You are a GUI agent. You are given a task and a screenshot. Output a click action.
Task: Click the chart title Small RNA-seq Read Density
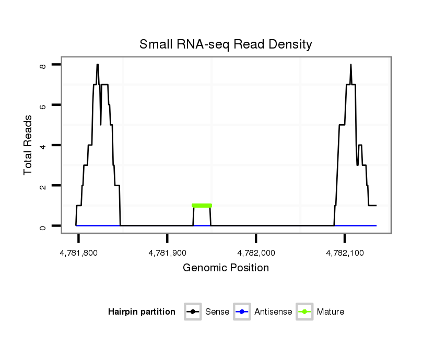pos(226,44)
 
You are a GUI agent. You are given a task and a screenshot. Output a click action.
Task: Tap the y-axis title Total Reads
pos(28,145)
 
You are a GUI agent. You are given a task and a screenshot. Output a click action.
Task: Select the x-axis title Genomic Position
pos(226,268)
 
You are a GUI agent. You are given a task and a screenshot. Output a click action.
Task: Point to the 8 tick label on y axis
pos(42,66)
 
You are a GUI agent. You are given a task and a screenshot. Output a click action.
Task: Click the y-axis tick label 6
pos(42,105)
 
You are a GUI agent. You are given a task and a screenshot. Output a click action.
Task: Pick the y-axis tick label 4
pos(42,146)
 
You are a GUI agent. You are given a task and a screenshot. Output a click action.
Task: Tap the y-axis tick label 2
pos(42,186)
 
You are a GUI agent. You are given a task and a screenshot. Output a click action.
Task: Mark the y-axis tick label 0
pos(42,226)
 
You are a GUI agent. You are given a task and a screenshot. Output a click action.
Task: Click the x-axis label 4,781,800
pos(79,253)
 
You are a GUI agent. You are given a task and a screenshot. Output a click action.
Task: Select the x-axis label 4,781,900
pos(168,253)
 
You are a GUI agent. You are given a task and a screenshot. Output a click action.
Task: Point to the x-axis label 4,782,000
pos(256,253)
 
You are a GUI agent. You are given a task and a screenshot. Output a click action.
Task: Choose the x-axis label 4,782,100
pos(345,253)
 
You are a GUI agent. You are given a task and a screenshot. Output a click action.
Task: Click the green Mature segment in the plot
pos(202,206)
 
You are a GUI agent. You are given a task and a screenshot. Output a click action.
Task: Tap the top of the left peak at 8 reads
pos(97,65)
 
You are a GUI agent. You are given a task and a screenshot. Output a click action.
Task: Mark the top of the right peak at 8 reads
pos(351,65)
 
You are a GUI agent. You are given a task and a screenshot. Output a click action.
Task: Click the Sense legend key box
pos(193,312)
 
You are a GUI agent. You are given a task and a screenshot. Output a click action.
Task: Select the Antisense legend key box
pos(242,312)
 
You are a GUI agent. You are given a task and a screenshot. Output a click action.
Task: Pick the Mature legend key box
pos(304,312)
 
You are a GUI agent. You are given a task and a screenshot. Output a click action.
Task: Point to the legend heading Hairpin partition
pos(142,312)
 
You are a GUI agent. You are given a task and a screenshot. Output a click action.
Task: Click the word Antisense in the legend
pos(273,312)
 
